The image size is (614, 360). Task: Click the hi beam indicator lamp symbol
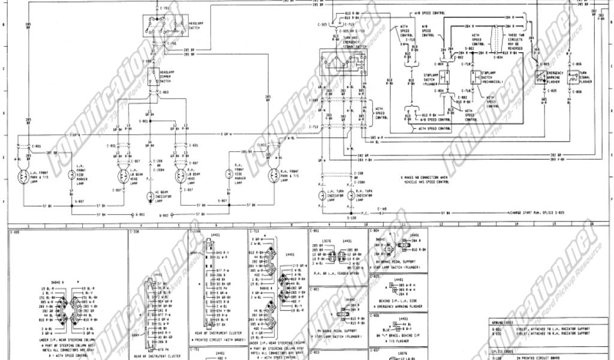[150, 195]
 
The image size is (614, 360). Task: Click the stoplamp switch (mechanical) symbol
[474, 77]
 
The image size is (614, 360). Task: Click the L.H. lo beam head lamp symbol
[123, 176]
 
